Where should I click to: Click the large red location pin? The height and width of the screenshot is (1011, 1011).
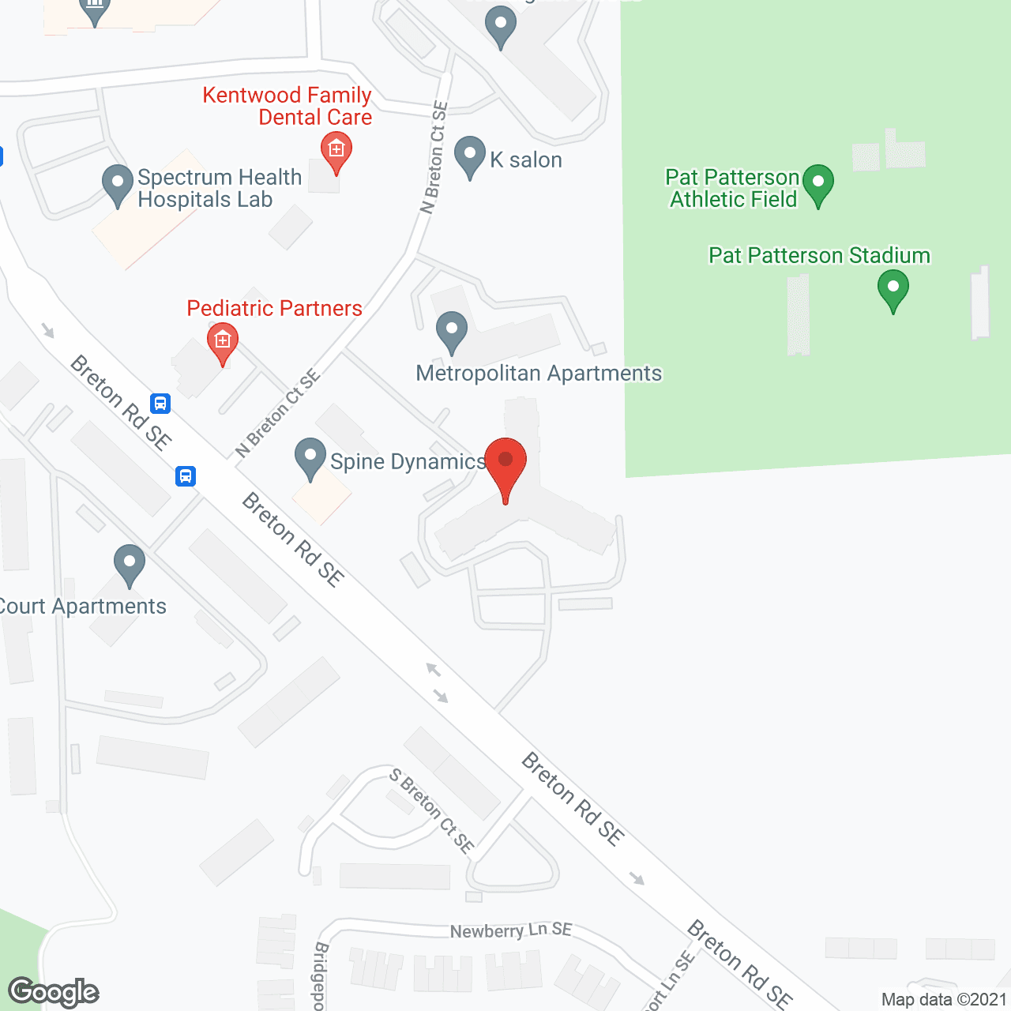[x=505, y=466]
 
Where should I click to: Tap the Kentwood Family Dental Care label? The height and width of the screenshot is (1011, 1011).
[x=288, y=106]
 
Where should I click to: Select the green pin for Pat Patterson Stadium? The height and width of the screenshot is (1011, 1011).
[x=893, y=289]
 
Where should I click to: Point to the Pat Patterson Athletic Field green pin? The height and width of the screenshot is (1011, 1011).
[x=818, y=183]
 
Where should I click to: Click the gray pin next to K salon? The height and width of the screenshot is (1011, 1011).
[x=470, y=156]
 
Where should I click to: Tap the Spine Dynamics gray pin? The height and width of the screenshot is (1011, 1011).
[x=310, y=457]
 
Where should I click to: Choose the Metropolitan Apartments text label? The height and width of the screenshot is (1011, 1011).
[x=539, y=373]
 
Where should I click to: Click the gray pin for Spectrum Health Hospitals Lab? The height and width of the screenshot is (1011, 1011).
[x=118, y=184]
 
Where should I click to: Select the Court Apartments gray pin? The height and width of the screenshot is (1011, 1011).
[x=130, y=564]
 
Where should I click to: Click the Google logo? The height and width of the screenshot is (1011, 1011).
[x=54, y=992]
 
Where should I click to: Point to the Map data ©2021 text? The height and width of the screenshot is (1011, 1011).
[x=944, y=999]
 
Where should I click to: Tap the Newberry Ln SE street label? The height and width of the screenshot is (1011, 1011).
[x=511, y=930]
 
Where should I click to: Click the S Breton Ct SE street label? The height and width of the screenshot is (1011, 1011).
[x=432, y=811]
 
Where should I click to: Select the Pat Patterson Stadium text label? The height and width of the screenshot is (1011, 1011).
[x=819, y=255]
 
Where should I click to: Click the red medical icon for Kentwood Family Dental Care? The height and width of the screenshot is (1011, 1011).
[x=336, y=151]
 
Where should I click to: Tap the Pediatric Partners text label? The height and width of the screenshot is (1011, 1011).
[x=274, y=308]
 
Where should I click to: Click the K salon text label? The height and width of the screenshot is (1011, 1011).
[x=526, y=160]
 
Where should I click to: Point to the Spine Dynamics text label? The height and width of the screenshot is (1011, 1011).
[x=408, y=461]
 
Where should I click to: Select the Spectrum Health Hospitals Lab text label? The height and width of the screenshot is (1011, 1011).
[x=219, y=188]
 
